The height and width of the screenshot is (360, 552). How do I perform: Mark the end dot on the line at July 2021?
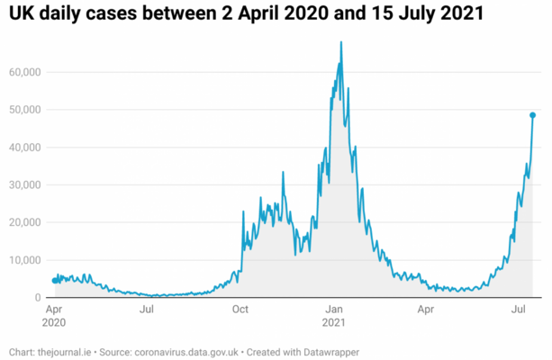[532, 115]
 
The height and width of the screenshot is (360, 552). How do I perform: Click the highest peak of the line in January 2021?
[340, 42]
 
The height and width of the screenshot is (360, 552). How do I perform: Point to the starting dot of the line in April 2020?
[54, 281]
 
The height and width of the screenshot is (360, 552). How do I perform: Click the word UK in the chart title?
[21, 14]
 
